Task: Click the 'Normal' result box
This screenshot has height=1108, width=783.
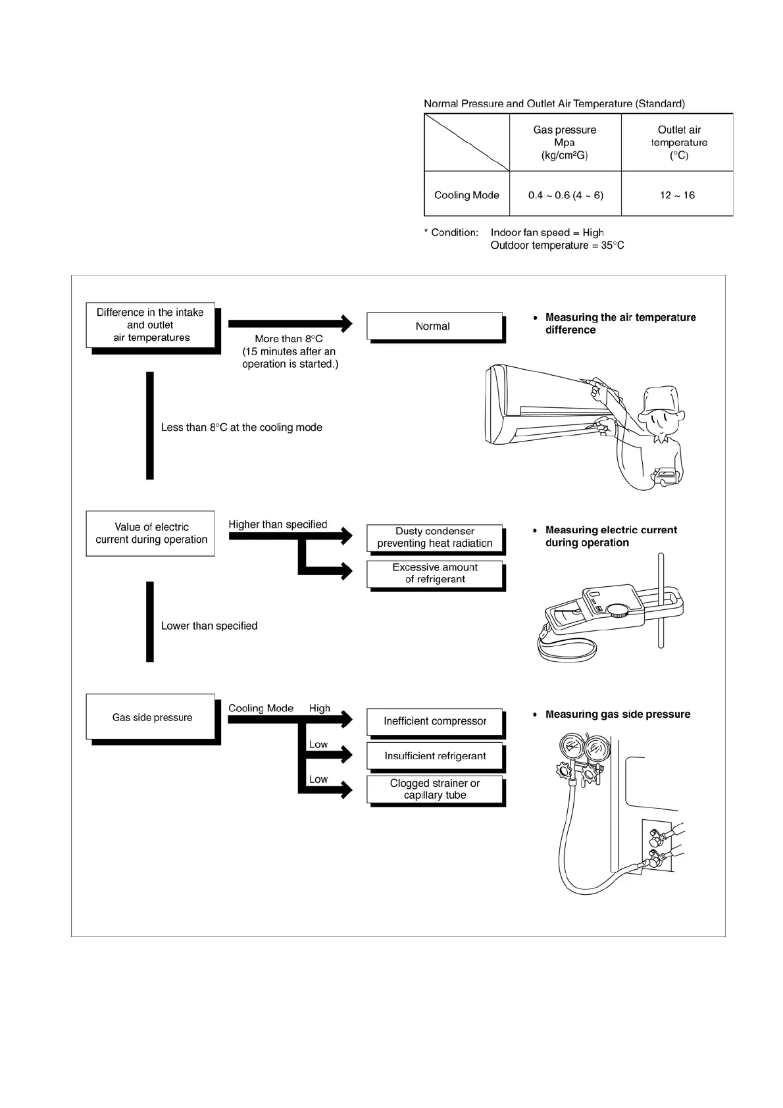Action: (434, 326)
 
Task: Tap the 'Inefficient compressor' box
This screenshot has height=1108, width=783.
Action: (435, 721)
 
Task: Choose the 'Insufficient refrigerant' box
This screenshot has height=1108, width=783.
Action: (435, 756)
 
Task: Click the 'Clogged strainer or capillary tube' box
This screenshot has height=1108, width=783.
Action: (435, 789)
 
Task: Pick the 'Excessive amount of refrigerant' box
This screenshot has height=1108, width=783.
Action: (435, 573)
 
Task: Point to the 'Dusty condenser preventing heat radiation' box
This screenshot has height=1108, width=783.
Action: (435, 537)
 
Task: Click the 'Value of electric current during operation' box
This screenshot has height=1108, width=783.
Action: (151, 534)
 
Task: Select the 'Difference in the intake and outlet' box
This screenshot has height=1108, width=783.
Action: (151, 325)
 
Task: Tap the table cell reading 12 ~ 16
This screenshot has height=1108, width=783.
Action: (677, 195)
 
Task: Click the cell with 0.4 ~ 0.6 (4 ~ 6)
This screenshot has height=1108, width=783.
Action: (565, 195)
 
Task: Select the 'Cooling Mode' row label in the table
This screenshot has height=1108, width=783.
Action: (467, 195)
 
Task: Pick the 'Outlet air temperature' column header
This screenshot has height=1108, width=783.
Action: (679, 142)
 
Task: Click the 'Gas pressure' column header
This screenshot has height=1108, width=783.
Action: (565, 142)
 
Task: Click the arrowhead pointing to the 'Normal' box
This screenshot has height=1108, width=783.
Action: (345, 323)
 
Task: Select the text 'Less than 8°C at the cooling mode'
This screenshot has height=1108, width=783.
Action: (241, 428)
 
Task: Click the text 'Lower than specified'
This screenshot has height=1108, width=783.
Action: (209, 626)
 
